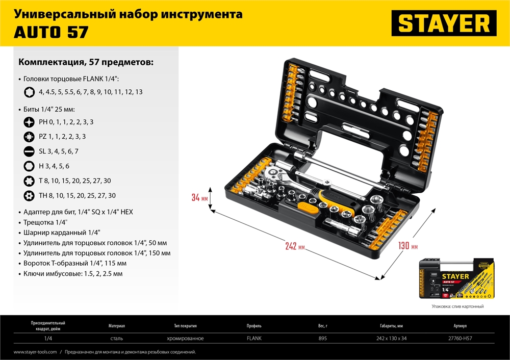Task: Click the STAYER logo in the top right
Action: click(x=444, y=23)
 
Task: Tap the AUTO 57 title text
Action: click(x=50, y=32)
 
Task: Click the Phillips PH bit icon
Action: click(x=29, y=122)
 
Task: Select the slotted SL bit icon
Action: click(x=29, y=151)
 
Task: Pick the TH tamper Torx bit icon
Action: click(x=29, y=195)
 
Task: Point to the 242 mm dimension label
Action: click(x=295, y=246)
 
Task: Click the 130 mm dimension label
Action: click(x=407, y=246)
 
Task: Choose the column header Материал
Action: click(x=117, y=326)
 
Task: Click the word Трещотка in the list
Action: click(x=38, y=222)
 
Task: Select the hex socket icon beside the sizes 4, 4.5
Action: click(x=29, y=92)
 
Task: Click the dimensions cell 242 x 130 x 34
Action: click(x=389, y=339)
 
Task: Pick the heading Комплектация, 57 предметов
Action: click(x=86, y=63)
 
